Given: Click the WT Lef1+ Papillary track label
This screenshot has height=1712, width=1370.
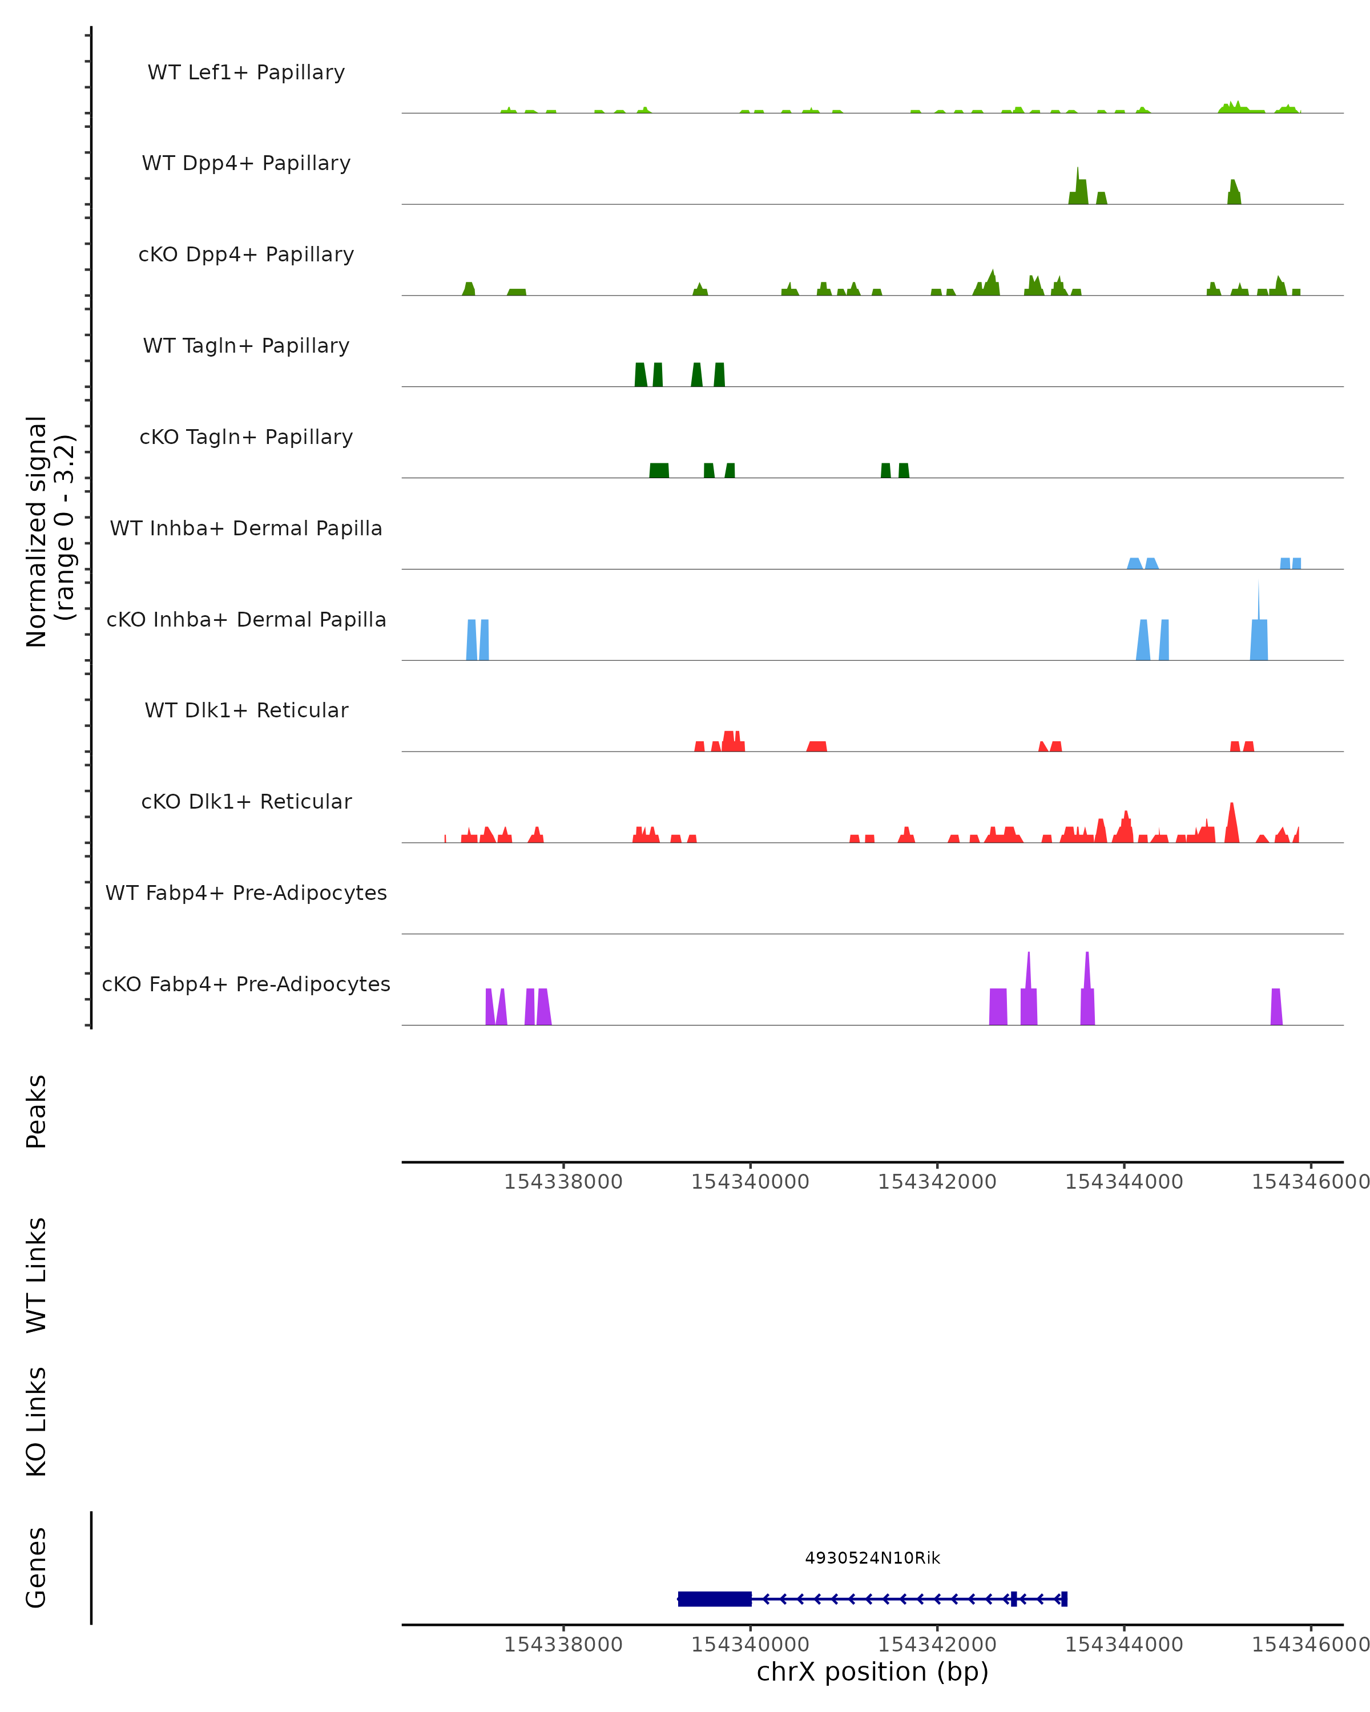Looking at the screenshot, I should click(246, 72).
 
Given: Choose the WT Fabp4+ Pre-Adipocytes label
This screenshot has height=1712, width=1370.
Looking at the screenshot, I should click(246, 893).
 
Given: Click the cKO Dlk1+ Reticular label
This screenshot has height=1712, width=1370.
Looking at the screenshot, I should click(246, 801).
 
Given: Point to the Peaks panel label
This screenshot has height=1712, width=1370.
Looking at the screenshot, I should click(37, 1111).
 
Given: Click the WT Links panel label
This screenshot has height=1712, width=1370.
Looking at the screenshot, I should click(37, 1274).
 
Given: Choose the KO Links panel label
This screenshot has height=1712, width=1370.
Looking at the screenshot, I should click(37, 1422).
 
